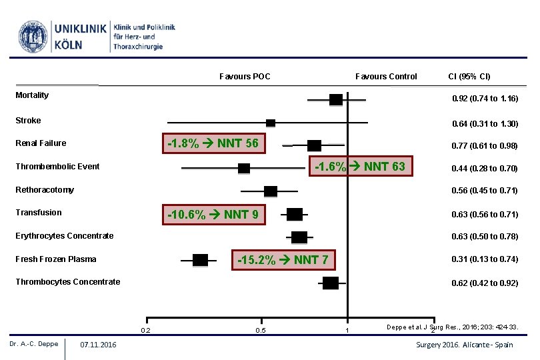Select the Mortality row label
(x=32, y=95)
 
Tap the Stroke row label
(x=28, y=121)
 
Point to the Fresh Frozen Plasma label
(x=56, y=259)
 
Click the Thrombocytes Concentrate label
(x=68, y=282)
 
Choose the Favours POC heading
(x=245, y=77)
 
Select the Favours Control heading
(x=386, y=77)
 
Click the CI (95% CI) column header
(x=469, y=77)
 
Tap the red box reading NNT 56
(x=213, y=143)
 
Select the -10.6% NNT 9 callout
(x=213, y=214)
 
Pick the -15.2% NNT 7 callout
(x=283, y=259)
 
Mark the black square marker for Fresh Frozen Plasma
(x=200, y=260)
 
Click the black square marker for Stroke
(x=271, y=123)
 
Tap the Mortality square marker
(x=336, y=100)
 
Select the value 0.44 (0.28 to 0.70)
(x=485, y=169)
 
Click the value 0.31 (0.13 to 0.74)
(x=485, y=259)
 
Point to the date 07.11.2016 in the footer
(x=97, y=345)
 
